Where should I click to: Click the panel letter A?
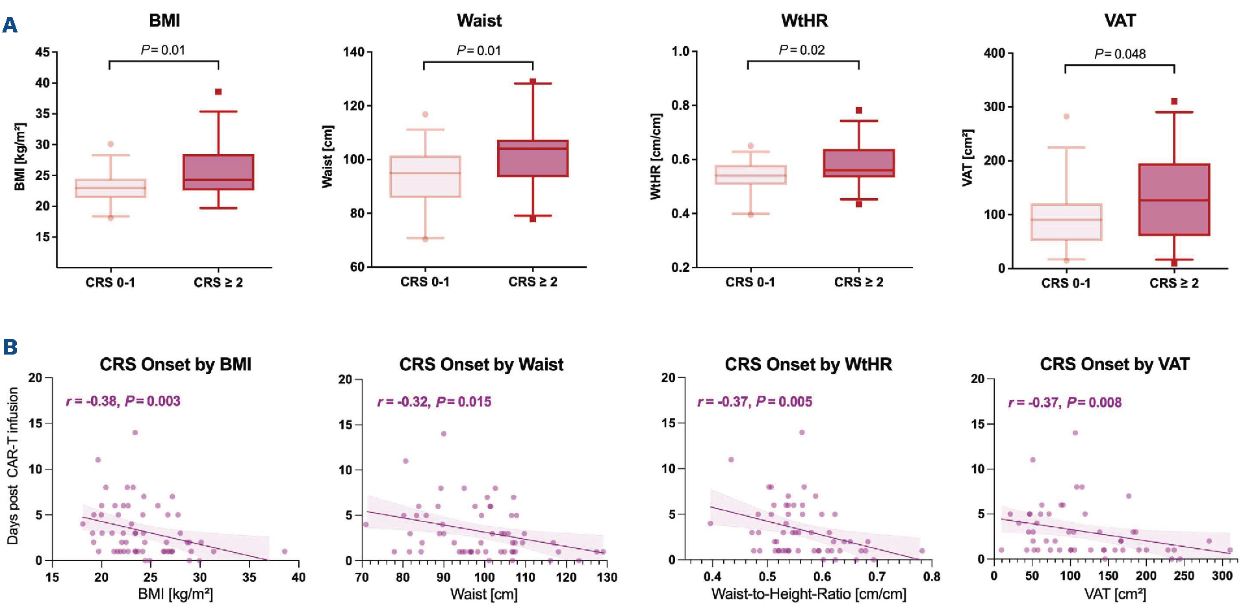(10, 25)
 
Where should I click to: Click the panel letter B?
(10, 347)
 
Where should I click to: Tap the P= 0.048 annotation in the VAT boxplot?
(1120, 54)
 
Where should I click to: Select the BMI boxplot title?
(164, 21)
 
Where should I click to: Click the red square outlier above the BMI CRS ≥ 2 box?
(218, 92)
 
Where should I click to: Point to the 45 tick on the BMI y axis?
(42, 52)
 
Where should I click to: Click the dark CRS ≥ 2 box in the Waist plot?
(533, 158)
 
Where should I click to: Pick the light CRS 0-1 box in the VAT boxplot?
(1066, 222)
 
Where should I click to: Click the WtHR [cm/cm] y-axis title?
(656, 157)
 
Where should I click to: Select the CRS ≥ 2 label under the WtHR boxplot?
(858, 282)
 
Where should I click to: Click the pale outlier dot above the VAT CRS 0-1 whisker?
(1066, 116)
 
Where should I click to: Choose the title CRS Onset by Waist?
(481, 364)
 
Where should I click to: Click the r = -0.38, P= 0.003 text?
(123, 401)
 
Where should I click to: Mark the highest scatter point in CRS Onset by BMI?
(135, 433)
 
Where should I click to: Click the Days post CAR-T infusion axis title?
(13, 466)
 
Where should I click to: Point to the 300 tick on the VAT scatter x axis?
(1222, 576)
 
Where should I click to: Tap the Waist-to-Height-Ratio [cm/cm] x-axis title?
(808, 594)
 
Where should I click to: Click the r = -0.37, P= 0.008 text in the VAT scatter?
(1064, 403)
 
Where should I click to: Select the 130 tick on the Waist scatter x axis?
(607, 577)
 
